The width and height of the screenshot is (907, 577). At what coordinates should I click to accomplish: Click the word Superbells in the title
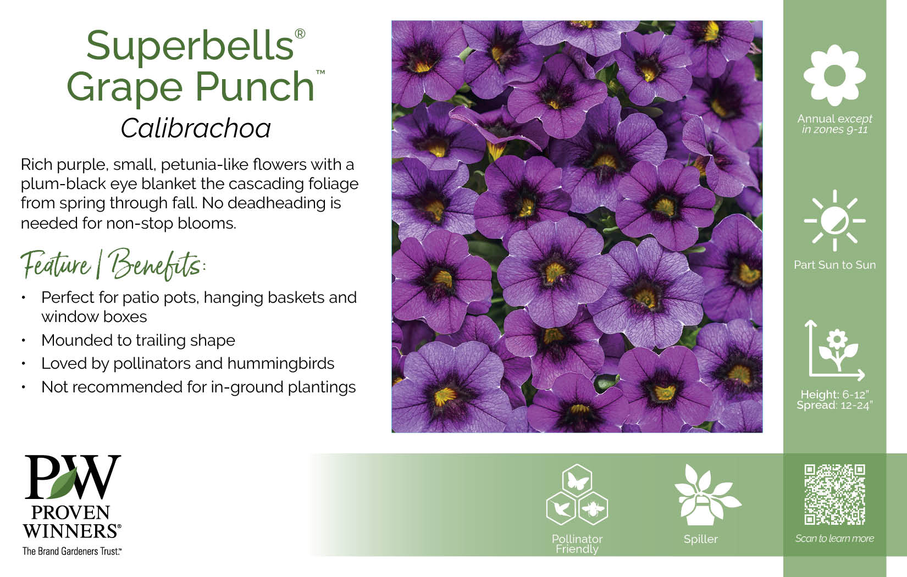pos(190,46)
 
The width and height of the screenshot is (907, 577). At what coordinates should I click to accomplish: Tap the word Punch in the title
pos(255,87)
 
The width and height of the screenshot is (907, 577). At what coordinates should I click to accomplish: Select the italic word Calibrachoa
pos(196,129)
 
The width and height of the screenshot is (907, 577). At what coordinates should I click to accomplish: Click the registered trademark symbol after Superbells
pos(300,34)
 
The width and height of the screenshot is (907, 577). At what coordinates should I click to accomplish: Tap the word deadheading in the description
pos(276,203)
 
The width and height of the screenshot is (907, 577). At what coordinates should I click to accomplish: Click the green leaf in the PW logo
pos(65,482)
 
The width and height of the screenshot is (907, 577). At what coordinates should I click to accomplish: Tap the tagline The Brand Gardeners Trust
pos(72,551)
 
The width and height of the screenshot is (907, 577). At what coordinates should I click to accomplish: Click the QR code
pos(834,495)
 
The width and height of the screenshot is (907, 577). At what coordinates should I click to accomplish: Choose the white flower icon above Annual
pos(834,75)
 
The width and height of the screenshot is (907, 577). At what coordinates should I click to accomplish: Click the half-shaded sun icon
pos(834,221)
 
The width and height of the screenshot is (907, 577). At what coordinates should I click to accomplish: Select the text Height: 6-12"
pos(835,395)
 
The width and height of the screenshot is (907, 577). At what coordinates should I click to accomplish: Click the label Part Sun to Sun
pos(834,265)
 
